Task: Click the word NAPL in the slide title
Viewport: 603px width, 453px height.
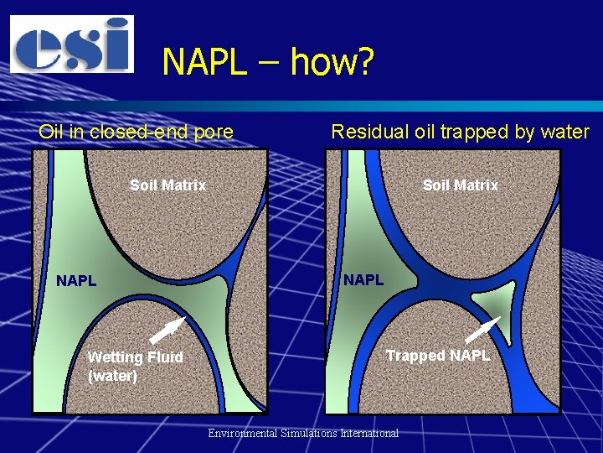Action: pos(204,62)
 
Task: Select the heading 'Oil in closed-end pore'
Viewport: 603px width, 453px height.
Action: pos(136,132)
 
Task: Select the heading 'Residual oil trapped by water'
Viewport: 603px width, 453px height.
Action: pos(460,132)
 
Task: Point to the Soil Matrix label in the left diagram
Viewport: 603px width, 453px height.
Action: pos(167,185)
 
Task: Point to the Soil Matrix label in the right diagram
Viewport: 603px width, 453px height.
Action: pos(460,185)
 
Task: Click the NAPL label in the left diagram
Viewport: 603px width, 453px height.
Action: pos(76,281)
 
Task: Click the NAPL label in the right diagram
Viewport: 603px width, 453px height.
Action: pos(363,279)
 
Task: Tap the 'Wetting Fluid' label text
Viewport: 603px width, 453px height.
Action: pos(135,357)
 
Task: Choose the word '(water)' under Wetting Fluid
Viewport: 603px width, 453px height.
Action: pos(112,376)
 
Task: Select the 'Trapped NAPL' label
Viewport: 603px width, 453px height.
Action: pos(437,356)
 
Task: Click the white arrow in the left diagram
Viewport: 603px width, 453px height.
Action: pos(167,331)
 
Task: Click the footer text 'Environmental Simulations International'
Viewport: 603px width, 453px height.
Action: pos(303,433)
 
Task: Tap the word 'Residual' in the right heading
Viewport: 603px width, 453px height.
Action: pos(364,132)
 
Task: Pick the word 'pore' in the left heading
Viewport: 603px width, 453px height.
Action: pos(215,132)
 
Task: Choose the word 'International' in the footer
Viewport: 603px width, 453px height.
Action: pos(364,433)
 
